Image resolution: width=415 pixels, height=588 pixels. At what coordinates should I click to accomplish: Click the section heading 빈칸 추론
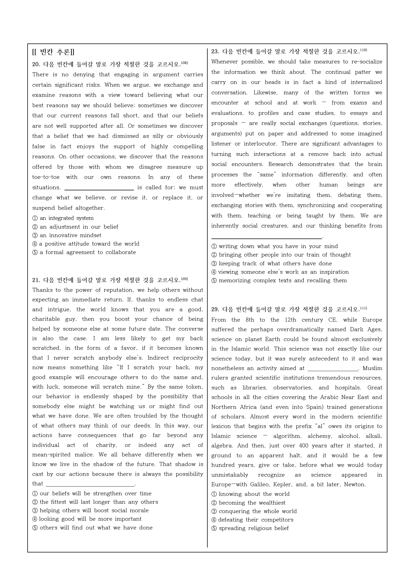click(x=53, y=52)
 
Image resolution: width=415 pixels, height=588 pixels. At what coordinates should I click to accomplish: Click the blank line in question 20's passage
click(x=99, y=188)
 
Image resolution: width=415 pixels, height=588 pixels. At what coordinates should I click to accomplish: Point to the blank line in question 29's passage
click(x=333, y=369)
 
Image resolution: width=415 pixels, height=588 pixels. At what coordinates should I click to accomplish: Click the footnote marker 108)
click(x=184, y=63)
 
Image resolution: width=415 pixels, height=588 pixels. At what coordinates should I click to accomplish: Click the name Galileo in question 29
click(x=260, y=484)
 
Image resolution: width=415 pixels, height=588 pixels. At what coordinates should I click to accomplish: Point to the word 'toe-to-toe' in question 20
click(x=46, y=177)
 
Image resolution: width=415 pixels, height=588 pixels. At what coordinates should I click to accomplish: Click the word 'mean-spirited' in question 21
click(x=49, y=455)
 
